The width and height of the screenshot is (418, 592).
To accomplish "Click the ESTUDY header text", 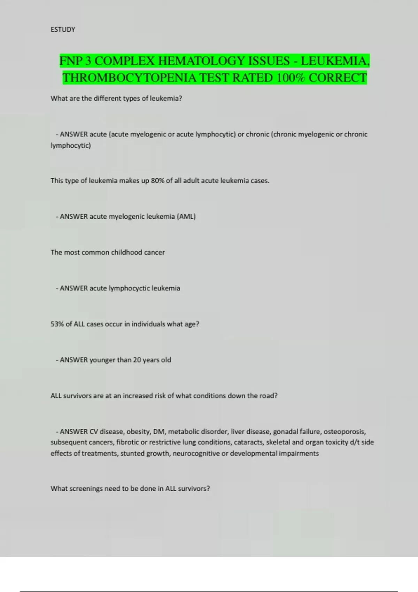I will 63,30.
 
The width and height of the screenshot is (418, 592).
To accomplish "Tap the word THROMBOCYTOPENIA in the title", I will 129,78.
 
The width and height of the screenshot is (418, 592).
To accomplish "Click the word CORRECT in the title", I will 338,78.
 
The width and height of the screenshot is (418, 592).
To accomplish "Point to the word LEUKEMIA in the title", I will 333,61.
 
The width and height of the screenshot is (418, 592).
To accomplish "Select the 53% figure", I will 57,324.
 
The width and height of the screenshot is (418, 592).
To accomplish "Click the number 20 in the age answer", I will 137,360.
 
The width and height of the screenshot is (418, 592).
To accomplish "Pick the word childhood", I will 126,252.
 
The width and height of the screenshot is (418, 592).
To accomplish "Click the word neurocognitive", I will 196,453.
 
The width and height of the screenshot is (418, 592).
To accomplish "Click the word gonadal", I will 285,432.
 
